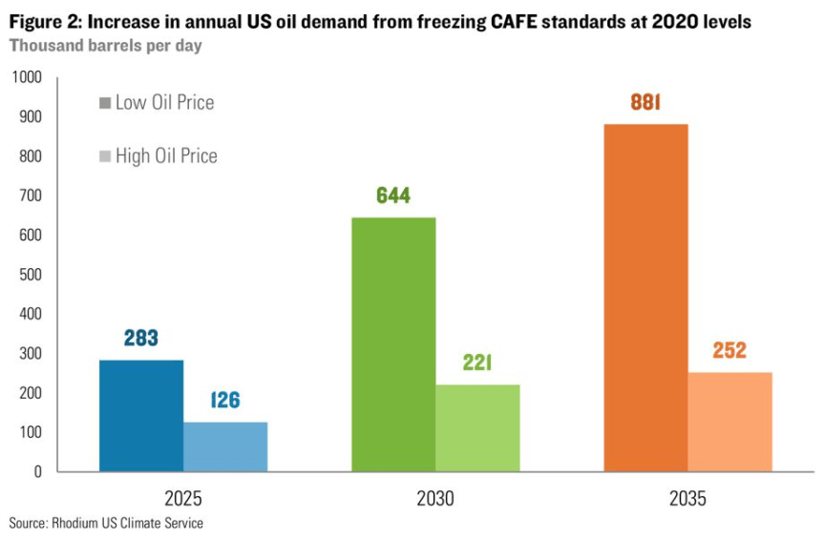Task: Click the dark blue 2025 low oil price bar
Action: tap(141, 415)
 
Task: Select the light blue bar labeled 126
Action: tap(225, 446)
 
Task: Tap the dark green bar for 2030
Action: tap(393, 344)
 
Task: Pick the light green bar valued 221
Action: tap(477, 427)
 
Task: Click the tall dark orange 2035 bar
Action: tap(645, 298)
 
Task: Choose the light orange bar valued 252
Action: tap(729, 422)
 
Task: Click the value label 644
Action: tap(393, 197)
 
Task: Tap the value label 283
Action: tap(141, 339)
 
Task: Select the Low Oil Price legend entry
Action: tap(157, 103)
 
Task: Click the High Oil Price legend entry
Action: tap(158, 155)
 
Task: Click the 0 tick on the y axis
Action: tap(39, 471)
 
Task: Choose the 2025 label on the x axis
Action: tap(183, 499)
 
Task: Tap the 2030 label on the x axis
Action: tap(435, 499)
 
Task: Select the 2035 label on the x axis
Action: tap(687, 499)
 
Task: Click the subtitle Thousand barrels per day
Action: tap(105, 44)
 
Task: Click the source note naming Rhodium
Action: tap(106, 523)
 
